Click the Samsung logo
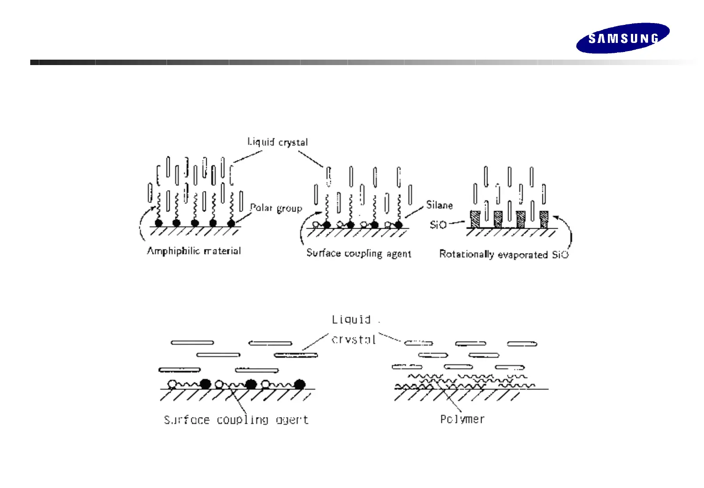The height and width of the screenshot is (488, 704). [x=623, y=38]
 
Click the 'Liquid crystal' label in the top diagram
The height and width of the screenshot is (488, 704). [x=278, y=142]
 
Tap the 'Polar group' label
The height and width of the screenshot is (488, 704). [x=276, y=208]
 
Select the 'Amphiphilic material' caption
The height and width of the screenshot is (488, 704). [x=194, y=251]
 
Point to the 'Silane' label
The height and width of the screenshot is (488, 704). [x=439, y=205]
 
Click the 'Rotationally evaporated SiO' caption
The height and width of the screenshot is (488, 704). [x=504, y=254]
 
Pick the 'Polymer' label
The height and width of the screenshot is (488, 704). [x=462, y=419]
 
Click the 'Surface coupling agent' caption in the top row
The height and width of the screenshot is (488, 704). [x=359, y=253]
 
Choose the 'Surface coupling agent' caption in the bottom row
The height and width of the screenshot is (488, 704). [x=236, y=420]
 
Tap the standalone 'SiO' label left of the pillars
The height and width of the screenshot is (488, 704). [x=438, y=225]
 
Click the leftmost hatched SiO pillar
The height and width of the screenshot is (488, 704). [x=475, y=219]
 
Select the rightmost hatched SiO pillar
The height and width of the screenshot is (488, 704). [x=544, y=219]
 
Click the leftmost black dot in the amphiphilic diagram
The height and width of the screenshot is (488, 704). [x=158, y=223]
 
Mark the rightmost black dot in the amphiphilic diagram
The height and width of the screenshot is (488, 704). [x=231, y=223]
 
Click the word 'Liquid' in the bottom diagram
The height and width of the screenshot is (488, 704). [x=351, y=320]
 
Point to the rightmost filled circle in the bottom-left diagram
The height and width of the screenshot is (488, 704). [x=300, y=385]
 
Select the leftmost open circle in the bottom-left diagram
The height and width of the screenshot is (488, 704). [x=172, y=385]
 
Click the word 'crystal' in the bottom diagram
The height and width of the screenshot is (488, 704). [x=353, y=340]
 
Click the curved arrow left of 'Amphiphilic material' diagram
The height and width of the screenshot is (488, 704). [x=144, y=226]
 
